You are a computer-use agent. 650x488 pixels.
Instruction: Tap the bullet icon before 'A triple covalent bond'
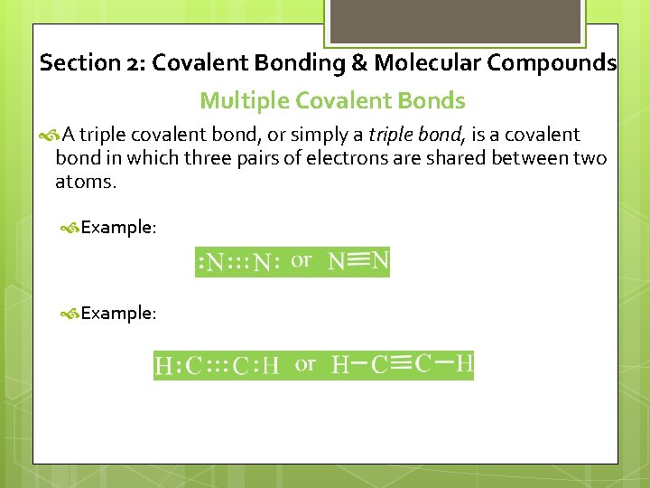click(x=50, y=136)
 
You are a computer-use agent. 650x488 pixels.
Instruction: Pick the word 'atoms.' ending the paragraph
click(x=86, y=182)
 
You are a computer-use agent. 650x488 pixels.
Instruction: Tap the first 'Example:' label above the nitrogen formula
click(x=118, y=228)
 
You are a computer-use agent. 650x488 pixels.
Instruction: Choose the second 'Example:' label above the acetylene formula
click(x=118, y=314)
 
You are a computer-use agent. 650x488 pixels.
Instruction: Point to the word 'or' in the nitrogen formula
click(x=302, y=260)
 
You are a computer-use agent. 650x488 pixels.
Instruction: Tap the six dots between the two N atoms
click(x=239, y=263)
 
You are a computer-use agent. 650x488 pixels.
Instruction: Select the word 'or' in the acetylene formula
click(x=306, y=364)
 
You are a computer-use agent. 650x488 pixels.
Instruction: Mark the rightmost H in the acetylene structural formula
click(x=463, y=363)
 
